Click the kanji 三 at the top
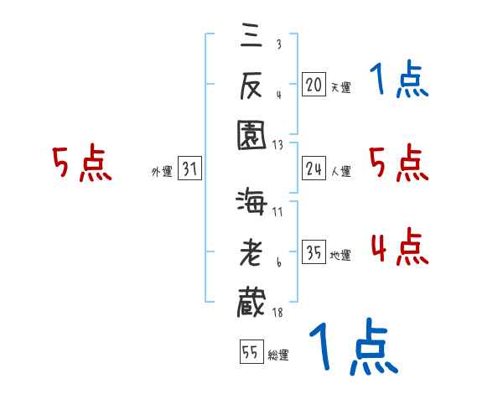pyautogui.click(x=251, y=38)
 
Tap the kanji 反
pyautogui.click(x=251, y=85)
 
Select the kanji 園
pyautogui.click(x=251, y=134)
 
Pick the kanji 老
pyautogui.click(x=251, y=251)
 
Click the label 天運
pyautogui.click(x=340, y=86)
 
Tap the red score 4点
pyautogui.click(x=399, y=248)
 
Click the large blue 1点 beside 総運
pyautogui.click(x=352, y=347)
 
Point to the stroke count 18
pyautogui.click(x=277, y=312)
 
